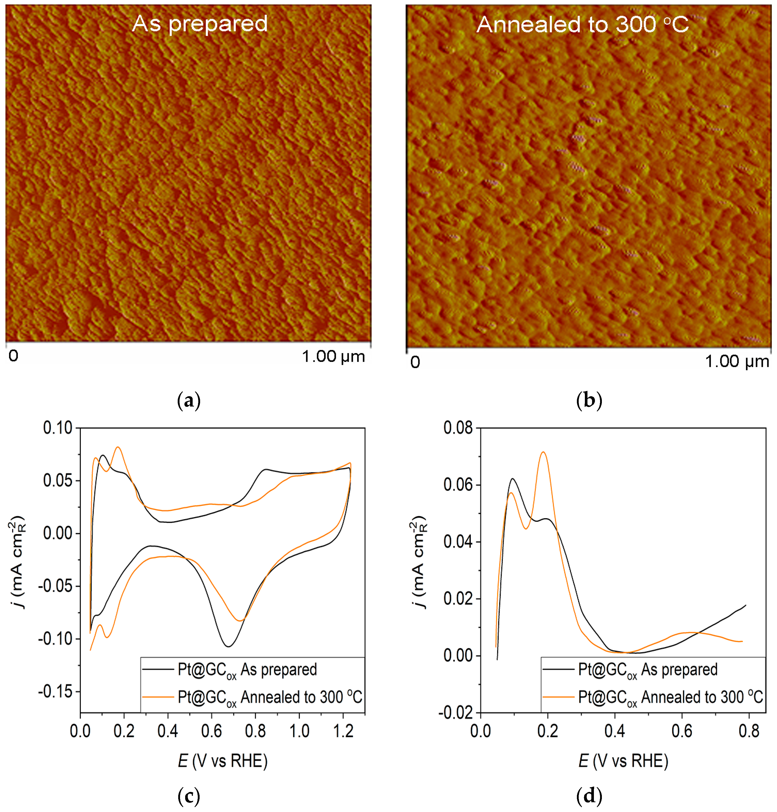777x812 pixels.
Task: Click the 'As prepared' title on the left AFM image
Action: click(x=200, y=24)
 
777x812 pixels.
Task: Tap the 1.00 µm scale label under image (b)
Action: click(x=737, y=361)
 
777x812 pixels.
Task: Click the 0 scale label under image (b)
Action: click(x=415, y=362)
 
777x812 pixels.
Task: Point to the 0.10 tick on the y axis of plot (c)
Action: click(x=58, y=428)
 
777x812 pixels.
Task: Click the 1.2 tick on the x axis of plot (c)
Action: click(x=343, y=731)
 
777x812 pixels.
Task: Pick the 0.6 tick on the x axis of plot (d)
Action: click(x=682, y=731)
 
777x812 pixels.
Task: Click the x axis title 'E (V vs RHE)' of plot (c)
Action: click(x=223, y=761)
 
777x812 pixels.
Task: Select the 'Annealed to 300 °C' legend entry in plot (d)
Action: click(x=671, y=697)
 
